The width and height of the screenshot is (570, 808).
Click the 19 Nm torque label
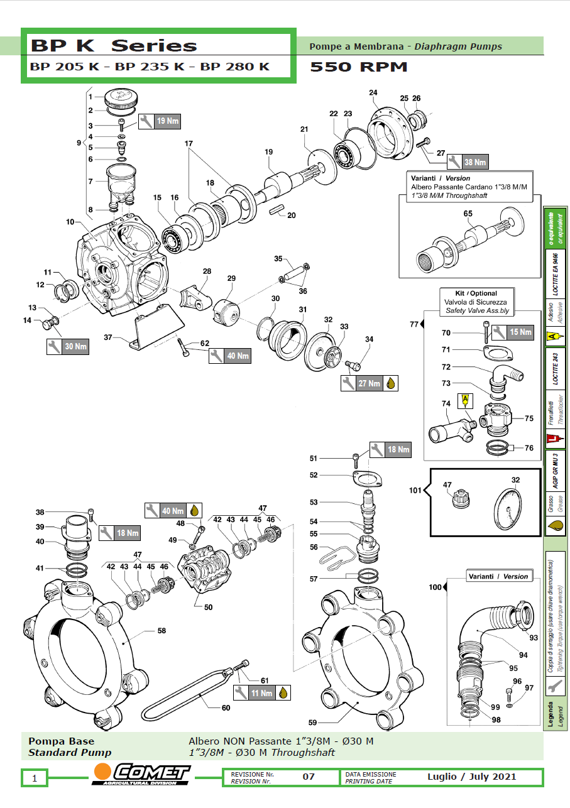(167, 121)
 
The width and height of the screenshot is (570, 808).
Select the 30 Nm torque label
(75, 346)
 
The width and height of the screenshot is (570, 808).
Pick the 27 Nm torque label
(369, 383)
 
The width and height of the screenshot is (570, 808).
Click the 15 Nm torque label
(520, 332)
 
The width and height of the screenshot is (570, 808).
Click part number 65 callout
(468, 214)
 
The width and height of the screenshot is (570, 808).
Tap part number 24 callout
(373, 93)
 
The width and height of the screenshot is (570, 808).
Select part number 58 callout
(162, 630)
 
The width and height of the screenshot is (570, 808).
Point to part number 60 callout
(226, 707)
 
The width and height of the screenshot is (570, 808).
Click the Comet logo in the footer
(142, 774)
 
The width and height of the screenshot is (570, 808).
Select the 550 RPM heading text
(359, 67)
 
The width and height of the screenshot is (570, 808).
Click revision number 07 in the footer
(309, 777)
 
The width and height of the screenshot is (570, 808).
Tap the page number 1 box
(35, 778)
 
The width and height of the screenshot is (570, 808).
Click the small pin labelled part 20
(277, 210)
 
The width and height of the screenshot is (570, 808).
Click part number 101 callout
(415, 489)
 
